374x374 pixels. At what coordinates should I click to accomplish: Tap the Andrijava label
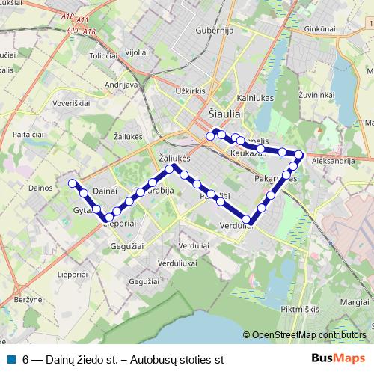[123, 85]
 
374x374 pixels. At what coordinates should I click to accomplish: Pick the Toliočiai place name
[104, 55]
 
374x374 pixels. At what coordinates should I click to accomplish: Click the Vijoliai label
[135, 52]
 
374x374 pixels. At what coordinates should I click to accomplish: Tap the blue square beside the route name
[11, 358]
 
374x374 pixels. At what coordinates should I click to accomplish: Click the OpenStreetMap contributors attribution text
[309, 335]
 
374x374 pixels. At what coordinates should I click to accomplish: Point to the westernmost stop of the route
[73, 183]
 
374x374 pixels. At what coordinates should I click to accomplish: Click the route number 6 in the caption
[26, 359]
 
